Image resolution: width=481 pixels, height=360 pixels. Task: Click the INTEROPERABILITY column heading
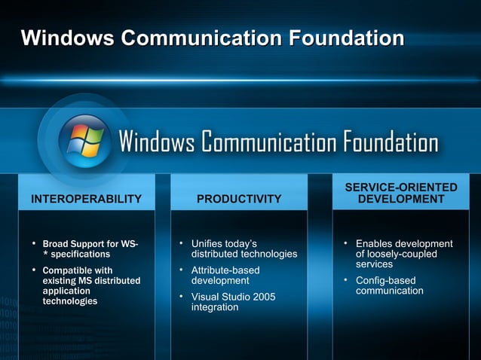tap(85, 199)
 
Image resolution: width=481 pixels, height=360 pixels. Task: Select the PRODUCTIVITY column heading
tap(239, 199)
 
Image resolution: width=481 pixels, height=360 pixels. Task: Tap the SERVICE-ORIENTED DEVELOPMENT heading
tap(401, 193)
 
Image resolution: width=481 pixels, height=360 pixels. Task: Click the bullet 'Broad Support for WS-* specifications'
tap(91, 249)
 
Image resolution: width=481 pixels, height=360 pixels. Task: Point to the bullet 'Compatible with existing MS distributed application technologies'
tap(91, 285)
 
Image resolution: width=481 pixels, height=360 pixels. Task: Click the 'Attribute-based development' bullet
tap(226, 276)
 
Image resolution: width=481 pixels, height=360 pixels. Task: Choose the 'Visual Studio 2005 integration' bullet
tap(233, 302)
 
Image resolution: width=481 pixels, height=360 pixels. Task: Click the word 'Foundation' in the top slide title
tap(332, 38)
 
